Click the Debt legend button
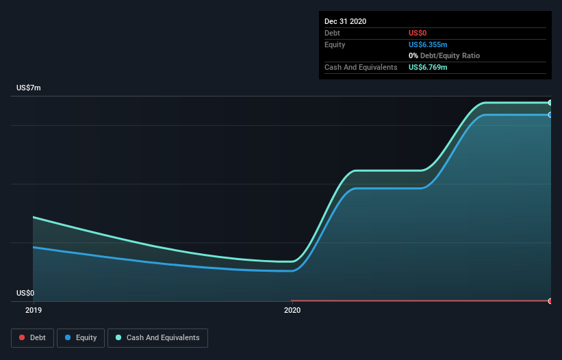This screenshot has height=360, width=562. pyautogui.click(x=31, y=337)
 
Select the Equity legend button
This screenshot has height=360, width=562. pyautogui.click(x=80, y=337)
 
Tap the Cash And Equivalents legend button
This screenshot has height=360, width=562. pyautogui.click(x=157, y=337)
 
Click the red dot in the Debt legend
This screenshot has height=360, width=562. pyautogui.click(x=23, y=338)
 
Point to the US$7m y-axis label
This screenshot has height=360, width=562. pyautogui.click(x=29, y=88)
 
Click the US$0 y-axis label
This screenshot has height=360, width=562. pyautogui.click(x=25, y=293)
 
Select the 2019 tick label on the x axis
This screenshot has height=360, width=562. pyautogui.click(x=33, y=310)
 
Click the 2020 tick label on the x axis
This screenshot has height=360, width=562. pyautogui.click(x=292, y=310)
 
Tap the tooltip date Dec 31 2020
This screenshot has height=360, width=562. pyautogui.click(x=345, y=21)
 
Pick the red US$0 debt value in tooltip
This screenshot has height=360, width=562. pyautogui.click(x=418, y=33)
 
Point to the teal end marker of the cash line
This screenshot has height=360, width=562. pyautogui.click(x=550, y=103)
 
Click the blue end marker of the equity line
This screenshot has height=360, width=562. pyautogui.click(x=550, y=115)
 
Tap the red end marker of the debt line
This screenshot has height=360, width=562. pyautogui.click(x=550, y=301)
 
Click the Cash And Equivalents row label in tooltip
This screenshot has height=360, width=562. pyautogui.click(x=361, y=67)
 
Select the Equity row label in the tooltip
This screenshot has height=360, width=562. pyautogui.click(x=335, y=44)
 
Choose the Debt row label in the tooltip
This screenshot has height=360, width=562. pyautogui.click(x=332, y=33)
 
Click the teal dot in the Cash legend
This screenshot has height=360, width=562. pyautogui.click(x=119, y=338)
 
